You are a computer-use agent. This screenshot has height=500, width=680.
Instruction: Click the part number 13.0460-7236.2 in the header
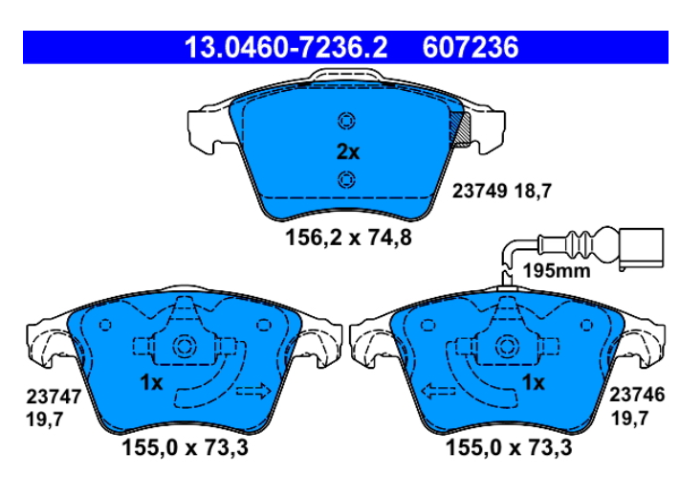click(x=286, y=47)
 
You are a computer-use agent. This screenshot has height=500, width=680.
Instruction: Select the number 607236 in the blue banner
click(x=471, y=47)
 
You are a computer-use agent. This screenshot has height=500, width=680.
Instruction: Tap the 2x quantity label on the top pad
click(x=348, y=152)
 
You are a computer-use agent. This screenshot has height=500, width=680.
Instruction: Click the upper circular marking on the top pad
click(x=346, y=121)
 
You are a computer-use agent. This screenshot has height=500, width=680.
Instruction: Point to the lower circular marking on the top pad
click(x=346, y=180)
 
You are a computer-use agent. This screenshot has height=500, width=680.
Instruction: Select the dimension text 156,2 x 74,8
click(x=348, y=238)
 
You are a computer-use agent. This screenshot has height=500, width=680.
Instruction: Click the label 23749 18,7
click(x=502, y=191)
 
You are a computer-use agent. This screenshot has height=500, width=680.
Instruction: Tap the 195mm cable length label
click(x=557, y=271)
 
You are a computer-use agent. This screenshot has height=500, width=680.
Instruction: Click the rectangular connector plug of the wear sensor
click(x=642, y=247)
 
